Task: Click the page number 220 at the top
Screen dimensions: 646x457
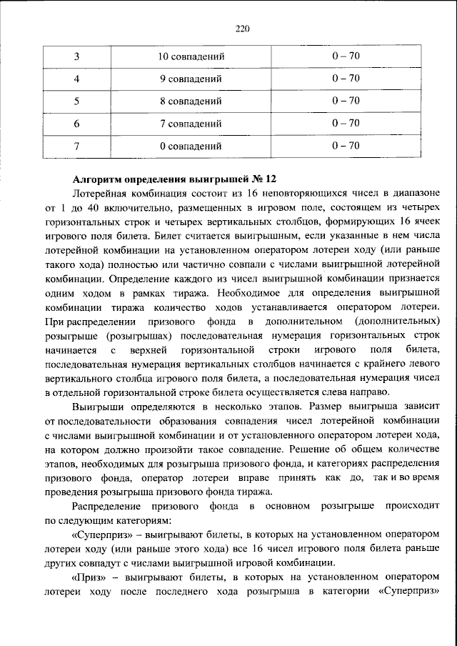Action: coord(243,29)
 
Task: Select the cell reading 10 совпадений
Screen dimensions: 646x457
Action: coord(192,56)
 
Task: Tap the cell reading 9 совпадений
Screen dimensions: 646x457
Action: coord(192,79)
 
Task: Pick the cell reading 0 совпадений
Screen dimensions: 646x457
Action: coord(192,146)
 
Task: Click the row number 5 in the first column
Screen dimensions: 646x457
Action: coord(76,101)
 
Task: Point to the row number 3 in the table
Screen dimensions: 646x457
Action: coord(76,56)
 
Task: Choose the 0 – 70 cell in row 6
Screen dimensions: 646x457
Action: coord(345,124)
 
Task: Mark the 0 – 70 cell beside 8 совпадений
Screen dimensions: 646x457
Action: coord(345,101)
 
